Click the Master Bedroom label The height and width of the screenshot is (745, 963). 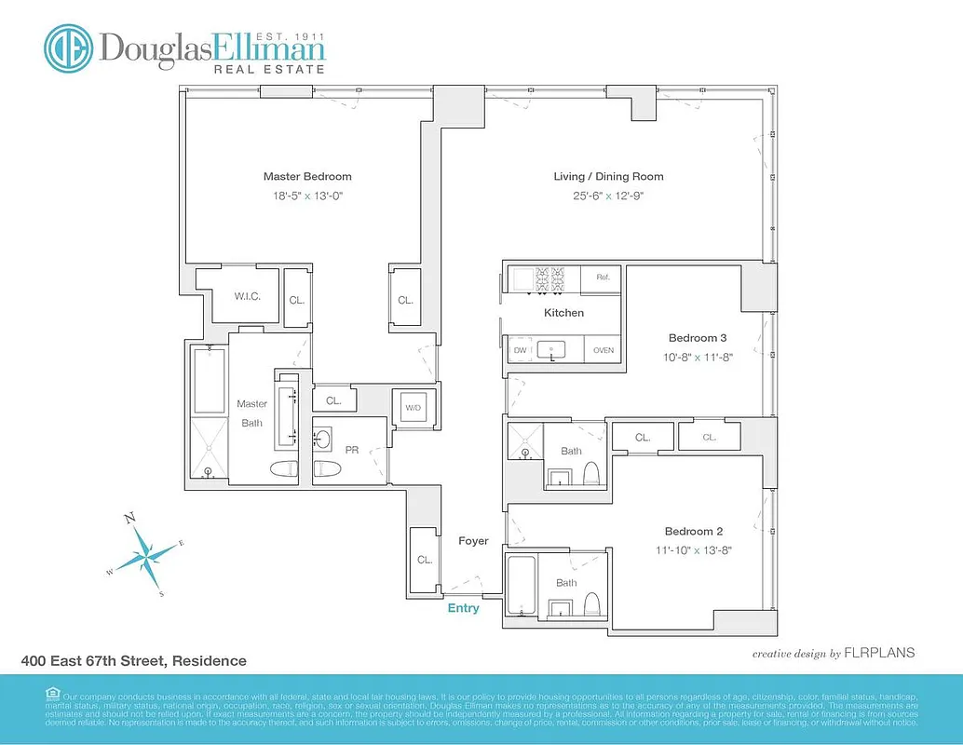pos(307,176)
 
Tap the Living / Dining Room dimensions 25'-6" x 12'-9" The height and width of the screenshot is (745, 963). pos(608,196)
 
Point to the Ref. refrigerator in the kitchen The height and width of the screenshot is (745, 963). pos(602,278)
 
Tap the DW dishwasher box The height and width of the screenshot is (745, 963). pos(521,350)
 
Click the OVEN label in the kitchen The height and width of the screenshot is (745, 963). pos(603,350)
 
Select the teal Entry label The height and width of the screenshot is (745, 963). pos(463,608)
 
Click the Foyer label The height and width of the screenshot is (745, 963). pos(473,541)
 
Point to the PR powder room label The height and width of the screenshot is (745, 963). pos(352,450)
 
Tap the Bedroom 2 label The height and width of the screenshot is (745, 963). pos(694,531)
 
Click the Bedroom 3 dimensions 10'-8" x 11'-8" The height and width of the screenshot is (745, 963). pos(694,357)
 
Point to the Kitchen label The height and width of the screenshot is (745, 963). pos(563,313)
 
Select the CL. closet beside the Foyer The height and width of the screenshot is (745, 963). pos(425,560)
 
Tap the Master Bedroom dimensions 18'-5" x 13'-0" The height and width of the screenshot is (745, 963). pos(307,196)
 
